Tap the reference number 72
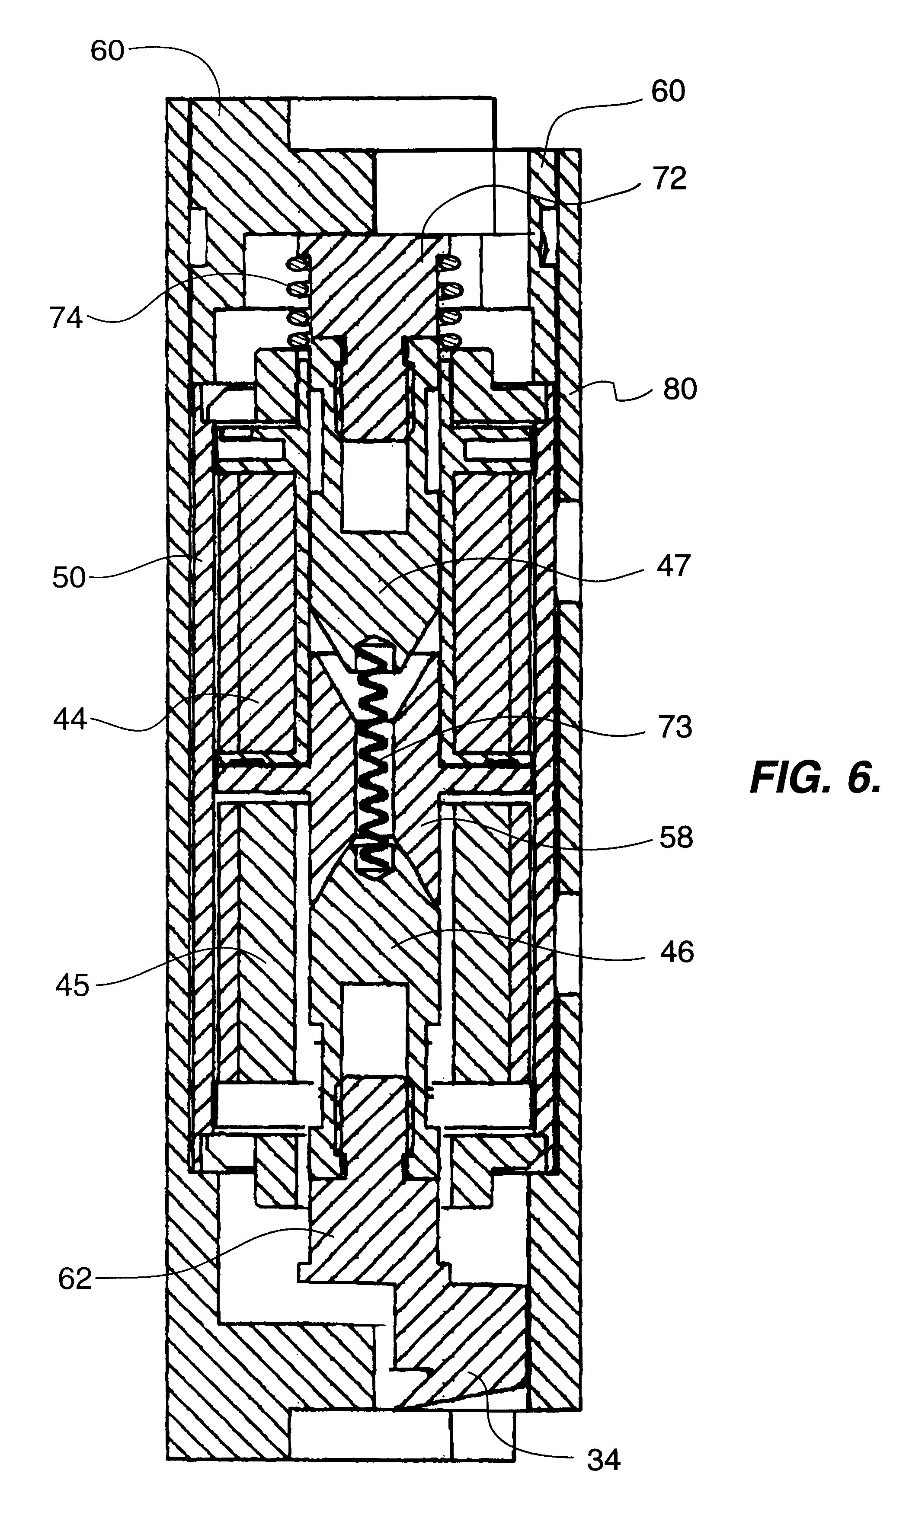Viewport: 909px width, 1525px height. coord(669,179)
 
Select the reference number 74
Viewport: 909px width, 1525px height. coord(66,319)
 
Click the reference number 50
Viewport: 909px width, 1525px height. coord(69,578)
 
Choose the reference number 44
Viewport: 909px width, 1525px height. coord(70,719)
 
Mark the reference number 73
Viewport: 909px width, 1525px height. coord(675,727)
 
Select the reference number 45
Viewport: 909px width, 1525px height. coord(72,985)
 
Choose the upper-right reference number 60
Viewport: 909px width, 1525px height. coord(668,91)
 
